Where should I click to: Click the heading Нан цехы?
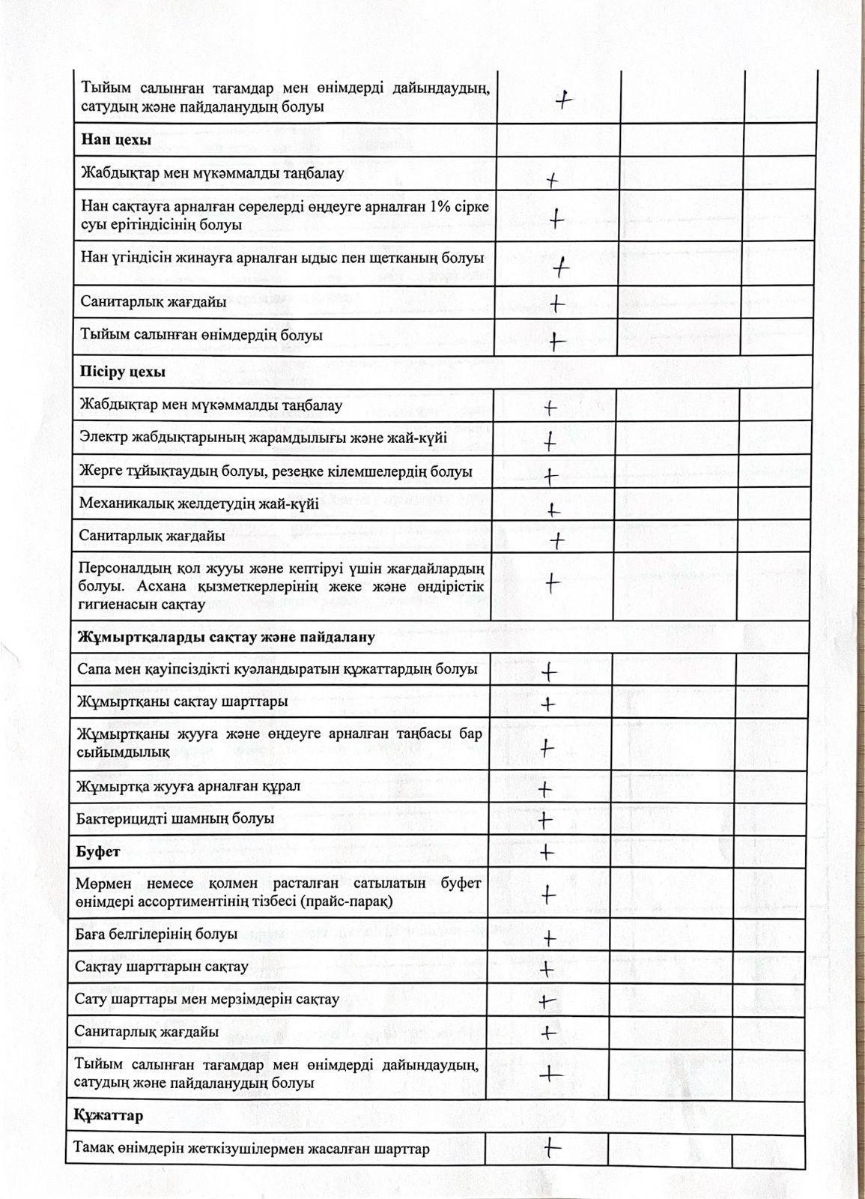(x=116, y=140)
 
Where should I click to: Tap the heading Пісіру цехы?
(x=123, y=372)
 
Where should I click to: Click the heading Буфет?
(x=98, y=852)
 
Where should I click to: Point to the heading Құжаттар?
(x=109, y=1116)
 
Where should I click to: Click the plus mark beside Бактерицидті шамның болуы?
(x=546, y=821)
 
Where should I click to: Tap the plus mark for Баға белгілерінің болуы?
(x=549, y=938)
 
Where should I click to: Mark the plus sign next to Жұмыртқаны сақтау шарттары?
(x=547, y=704)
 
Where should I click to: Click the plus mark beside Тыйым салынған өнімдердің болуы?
(x=556, y=342)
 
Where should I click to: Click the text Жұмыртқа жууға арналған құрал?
(x=188, y=787)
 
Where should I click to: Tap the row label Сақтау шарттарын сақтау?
(x=161, y=967)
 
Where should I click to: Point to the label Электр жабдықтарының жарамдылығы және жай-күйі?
(x=263, y=438)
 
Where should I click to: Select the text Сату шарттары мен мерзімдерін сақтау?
(x=207, y=999)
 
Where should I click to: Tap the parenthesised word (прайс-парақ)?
(x=346, y=901)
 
